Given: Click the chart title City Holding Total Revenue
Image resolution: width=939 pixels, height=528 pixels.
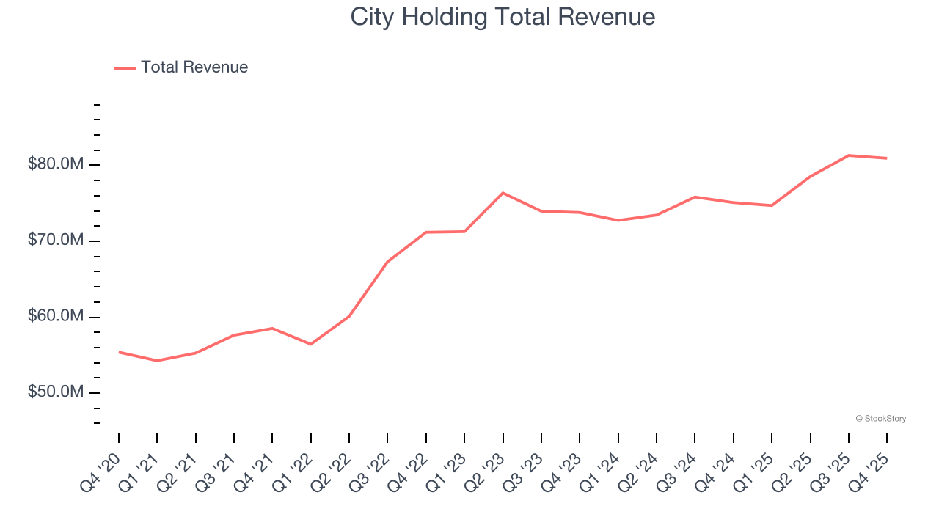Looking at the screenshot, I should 503,17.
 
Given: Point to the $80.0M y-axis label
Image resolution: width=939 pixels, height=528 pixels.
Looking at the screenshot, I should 56,164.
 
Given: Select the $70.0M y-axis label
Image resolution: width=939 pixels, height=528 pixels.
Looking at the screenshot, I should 56,241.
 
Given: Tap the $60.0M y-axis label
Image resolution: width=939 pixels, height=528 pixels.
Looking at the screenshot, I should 56,317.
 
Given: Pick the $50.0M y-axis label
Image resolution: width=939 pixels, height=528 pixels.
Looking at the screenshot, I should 56,393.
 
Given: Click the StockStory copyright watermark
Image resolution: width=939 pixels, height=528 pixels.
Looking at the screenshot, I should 880,419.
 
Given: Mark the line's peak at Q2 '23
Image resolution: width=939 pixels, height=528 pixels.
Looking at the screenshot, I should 503,193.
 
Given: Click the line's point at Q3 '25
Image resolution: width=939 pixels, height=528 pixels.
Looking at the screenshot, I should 849,155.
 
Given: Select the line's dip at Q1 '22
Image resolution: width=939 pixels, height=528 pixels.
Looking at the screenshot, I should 310,344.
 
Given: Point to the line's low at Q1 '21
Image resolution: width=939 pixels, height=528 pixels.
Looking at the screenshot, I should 157,361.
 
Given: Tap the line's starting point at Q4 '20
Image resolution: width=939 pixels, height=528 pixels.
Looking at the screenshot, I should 119,352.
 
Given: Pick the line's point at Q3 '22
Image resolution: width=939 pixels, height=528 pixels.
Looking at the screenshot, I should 387,262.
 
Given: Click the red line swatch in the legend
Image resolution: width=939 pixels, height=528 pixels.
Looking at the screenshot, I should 125,68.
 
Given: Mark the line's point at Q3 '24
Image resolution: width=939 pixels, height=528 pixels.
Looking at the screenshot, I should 695,197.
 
